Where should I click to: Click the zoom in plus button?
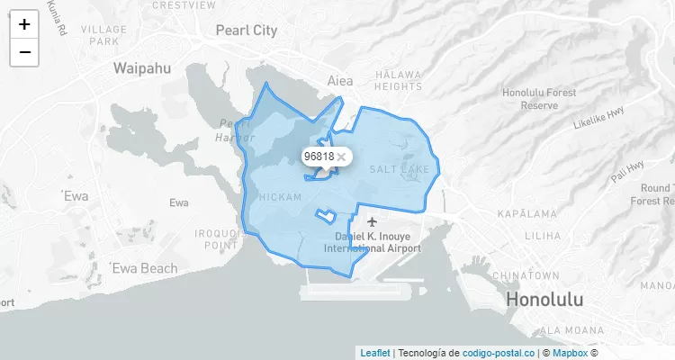click(24, 24)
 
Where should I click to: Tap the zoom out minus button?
click(24, 52)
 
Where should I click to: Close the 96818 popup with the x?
click(341, 157)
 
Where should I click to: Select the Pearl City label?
click(246, 31)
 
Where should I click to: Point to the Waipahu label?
click(143, 67)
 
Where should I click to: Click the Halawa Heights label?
click(398, 80)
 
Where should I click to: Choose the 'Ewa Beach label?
click(144, 268)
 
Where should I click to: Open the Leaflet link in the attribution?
click(374, 353)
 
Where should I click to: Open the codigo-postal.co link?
click(498, 353)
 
